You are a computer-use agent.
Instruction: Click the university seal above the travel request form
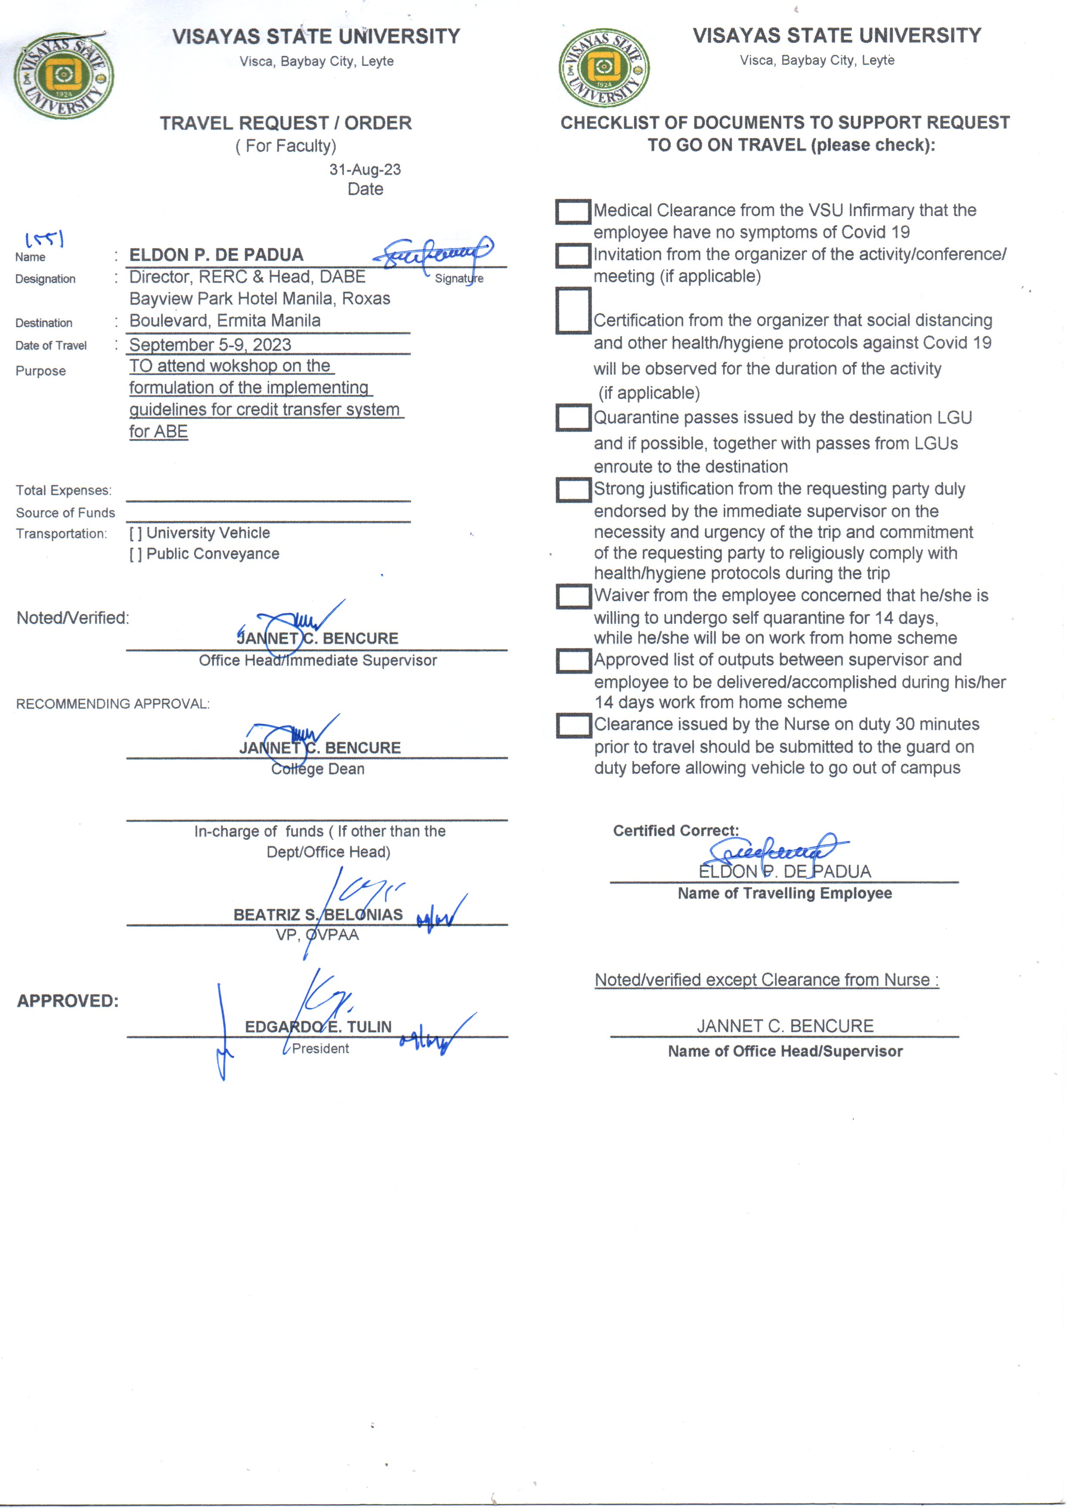63,76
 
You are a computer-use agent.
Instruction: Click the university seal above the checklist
604,68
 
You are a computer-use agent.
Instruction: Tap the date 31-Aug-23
365,170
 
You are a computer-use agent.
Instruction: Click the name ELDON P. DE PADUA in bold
217,255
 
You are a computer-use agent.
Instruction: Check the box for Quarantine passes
573,417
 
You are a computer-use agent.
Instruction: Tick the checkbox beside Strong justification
573,490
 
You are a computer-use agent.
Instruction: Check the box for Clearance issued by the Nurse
573,725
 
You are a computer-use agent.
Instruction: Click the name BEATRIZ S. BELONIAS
318,915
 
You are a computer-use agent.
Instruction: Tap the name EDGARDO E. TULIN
318,1027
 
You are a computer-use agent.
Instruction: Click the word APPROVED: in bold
68,1001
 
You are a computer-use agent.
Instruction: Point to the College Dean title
318,769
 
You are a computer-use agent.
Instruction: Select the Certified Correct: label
675,830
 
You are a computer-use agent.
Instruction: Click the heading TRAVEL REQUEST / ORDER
286,123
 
